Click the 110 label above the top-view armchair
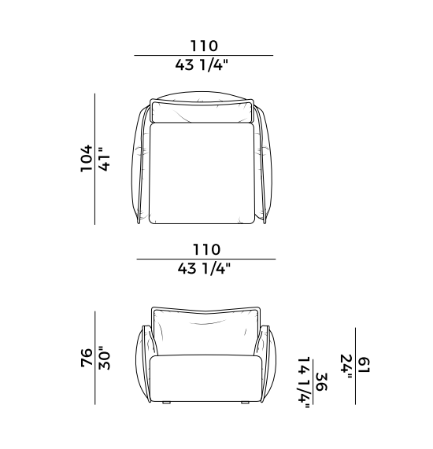tap(204, 46)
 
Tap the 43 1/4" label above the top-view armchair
tap(202, 64)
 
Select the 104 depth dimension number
tap(87, 158)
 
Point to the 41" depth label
tap(105, 159)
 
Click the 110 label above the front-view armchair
tap(207, 249)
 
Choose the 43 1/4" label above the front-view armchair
tap(204, 269)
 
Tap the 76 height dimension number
tap(87, 357)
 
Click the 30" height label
tap(105, 358)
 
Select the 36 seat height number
tap(321, 382)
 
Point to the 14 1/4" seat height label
tap(304, 382)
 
